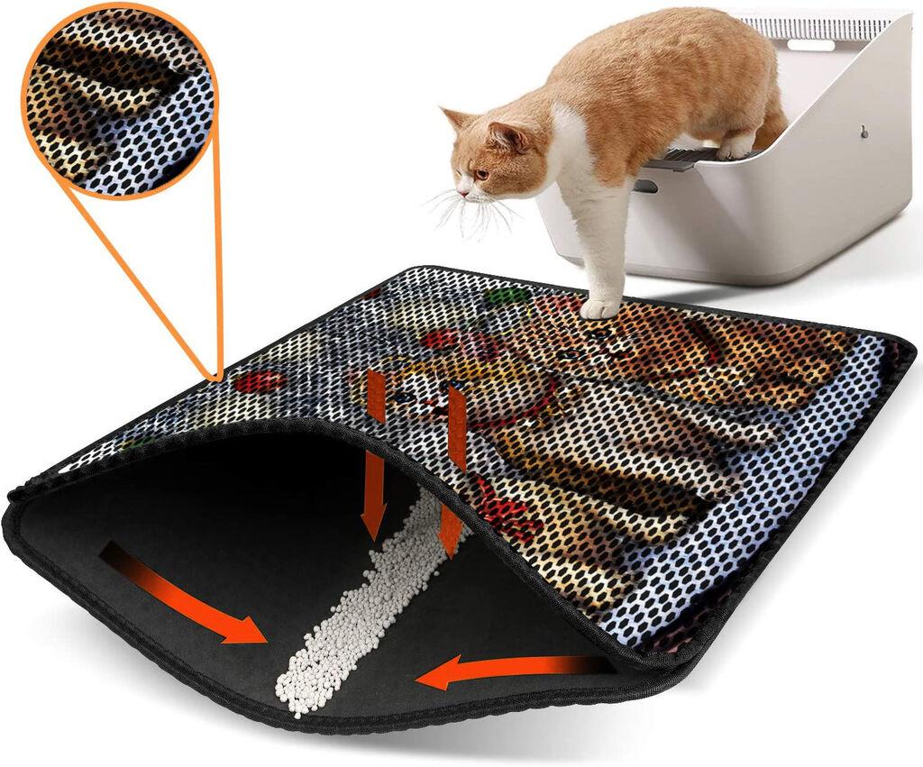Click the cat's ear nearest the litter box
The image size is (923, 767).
505,136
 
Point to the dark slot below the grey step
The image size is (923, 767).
644,186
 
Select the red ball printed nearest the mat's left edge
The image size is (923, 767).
258,380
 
